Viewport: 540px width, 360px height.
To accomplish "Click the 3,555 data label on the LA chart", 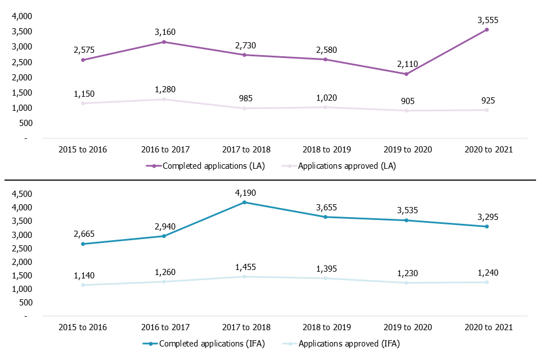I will (x=487, y=20).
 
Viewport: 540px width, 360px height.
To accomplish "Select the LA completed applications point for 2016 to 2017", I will (x=164, y=42).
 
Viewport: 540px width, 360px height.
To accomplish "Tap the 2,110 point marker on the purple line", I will (x=406, y=74).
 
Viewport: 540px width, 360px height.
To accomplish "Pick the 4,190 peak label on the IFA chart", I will (x=244, y=193).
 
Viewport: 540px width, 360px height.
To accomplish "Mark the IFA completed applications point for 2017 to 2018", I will (x=244, y=202).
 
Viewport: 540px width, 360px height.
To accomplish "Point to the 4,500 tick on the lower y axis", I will (x=22, y=194).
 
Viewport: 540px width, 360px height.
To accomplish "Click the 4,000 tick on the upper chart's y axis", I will (x=22, y=16).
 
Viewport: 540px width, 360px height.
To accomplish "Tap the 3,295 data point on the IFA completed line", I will (x=487, y=227).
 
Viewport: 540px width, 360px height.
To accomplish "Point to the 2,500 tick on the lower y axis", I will (x=22, y=248).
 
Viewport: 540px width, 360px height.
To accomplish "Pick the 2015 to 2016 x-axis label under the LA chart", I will (x=83, y=150).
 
